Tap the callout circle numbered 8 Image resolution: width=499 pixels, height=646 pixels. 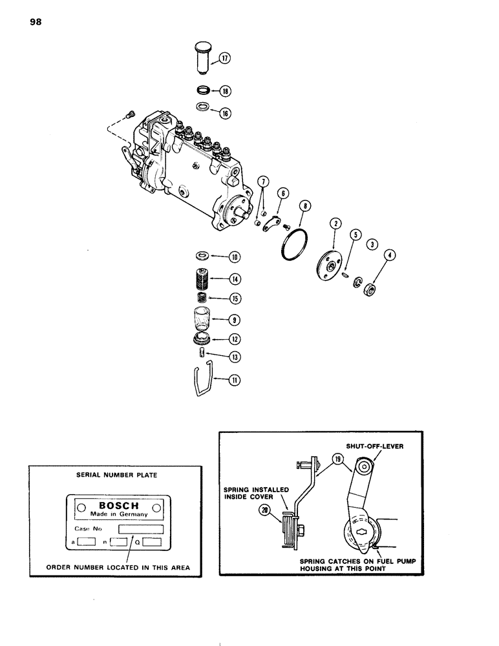click(305, 207)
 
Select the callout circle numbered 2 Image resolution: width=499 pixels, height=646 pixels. click(335, 224)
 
